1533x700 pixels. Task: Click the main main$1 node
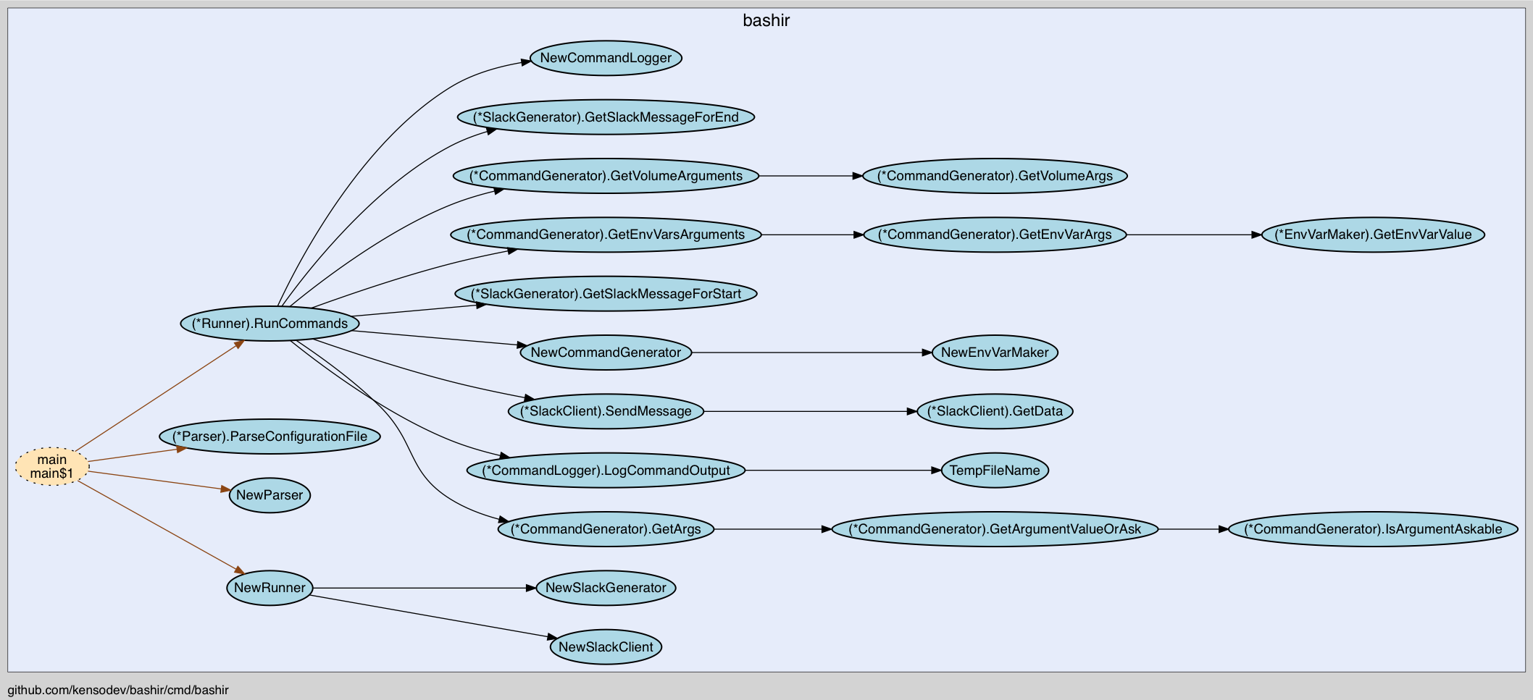coord(51,467)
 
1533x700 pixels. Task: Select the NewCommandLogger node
coord(606,58)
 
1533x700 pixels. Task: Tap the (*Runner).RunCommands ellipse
coord(270,324)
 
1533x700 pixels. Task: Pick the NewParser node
coord(270,495)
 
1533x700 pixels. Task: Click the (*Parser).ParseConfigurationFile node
coord(270,437)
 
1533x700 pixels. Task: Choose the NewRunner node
coord(270,588)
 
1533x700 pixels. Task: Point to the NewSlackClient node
coord(606,647)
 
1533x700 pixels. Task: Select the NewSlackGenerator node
coord(606,588)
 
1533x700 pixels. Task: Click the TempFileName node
coord(995,471)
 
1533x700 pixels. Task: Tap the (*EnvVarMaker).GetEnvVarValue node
coord(1373,235)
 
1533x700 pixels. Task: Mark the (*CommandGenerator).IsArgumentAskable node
coord(1373,529)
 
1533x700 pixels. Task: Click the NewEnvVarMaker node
coord(995,353)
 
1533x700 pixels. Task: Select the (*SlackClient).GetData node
coord(995,411)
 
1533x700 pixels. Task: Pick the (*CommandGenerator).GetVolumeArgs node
coord(995,176)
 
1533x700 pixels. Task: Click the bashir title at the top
coord(766,21)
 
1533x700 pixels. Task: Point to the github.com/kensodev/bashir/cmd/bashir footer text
coord(118,690)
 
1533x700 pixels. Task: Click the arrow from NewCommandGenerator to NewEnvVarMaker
coord(811,353)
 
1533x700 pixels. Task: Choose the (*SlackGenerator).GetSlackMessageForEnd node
coord(606,117)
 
